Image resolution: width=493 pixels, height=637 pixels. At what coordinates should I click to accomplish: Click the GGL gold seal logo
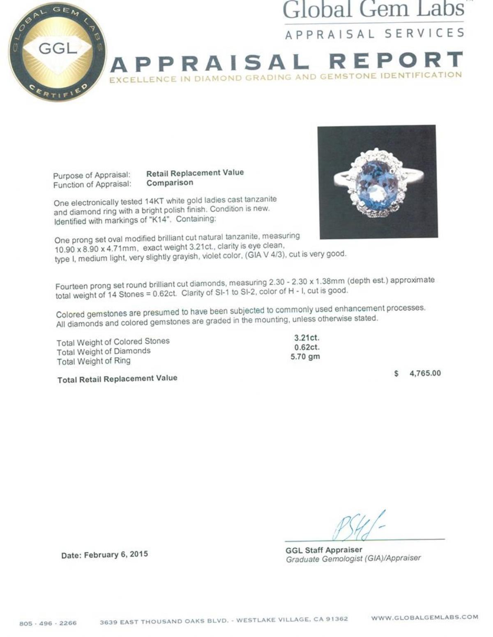click(x=57, y=51)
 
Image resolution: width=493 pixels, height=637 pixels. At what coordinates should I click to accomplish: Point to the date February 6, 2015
click(x=104, y=555)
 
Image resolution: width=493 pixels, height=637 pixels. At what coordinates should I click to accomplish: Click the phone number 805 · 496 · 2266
click(x=48, y=623)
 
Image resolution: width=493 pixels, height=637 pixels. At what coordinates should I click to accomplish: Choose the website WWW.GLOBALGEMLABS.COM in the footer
click(x=424, y=617)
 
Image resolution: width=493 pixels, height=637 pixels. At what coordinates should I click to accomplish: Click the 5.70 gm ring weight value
click(x=305, y=357)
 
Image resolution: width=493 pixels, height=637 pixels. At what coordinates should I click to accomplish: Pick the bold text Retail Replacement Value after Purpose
click(x=195, y=173)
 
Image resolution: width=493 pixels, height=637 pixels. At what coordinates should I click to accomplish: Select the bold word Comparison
click(x=170, y=183)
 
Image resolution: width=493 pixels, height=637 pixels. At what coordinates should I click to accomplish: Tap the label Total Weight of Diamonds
click(x=104, y=351)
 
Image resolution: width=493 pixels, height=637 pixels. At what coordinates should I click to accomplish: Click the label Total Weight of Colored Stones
click(x=113, y=342)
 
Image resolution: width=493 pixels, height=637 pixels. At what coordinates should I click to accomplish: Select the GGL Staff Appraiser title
click(x=324, y=550)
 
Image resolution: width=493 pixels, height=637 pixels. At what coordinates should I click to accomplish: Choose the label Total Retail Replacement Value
click(x=117, y=379)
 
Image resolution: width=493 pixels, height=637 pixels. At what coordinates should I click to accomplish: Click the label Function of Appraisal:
click(x=92, y=185)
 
